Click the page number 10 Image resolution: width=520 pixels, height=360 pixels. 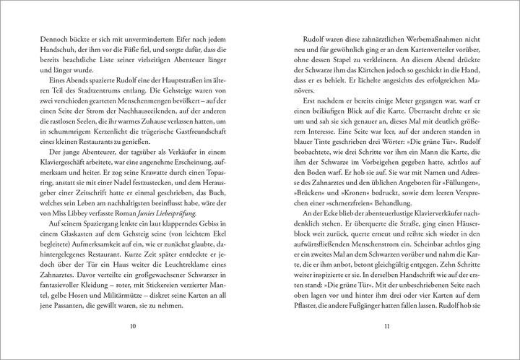pos(131,326)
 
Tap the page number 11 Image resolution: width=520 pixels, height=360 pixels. pos(387,326)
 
